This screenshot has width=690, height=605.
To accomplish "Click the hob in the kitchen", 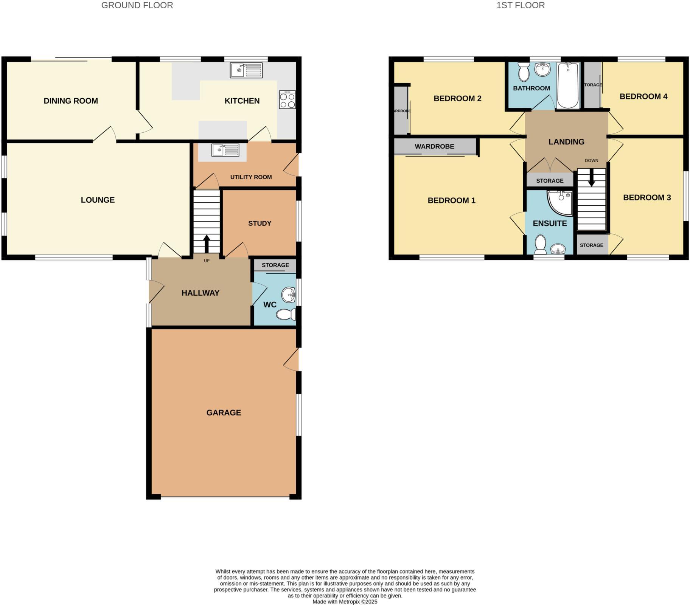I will click(287, 100).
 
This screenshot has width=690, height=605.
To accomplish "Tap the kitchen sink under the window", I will click(246, 70).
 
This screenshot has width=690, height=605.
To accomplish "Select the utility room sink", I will click(225, 150).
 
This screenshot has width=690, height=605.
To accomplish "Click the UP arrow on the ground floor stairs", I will click(207, 244).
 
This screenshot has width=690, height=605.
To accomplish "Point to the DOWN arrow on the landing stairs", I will click(592, 178).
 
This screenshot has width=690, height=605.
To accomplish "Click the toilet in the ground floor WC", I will click(286, 314).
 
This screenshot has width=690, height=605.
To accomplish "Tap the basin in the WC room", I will click(289, 295).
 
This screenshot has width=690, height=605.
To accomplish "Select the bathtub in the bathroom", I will click(567, 85).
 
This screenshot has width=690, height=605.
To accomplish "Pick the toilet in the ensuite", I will click(540, 245).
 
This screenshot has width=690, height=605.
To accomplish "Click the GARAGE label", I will click(224, 413).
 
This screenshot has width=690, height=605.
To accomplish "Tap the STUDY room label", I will click(260, 223).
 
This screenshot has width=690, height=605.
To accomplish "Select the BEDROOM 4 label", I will click(643, 96).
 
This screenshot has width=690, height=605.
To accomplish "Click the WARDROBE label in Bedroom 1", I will click(434, 146).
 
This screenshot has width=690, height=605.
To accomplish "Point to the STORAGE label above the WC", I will click(275, 265).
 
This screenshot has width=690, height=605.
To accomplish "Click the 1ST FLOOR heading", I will click(520, 5).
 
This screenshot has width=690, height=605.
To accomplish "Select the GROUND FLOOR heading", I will click(137, 5).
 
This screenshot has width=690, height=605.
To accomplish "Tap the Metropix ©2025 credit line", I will click(345, 602).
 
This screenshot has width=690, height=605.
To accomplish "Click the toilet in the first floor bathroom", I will click(524, 72).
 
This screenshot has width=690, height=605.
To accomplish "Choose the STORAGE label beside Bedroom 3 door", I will click(591, 245).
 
